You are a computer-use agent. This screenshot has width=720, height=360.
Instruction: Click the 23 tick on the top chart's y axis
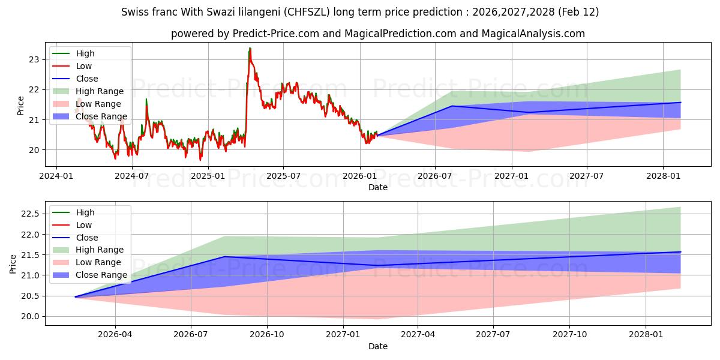click(x=34, y=59)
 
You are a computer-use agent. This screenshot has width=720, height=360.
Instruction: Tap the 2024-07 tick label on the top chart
click(x=131, y=176)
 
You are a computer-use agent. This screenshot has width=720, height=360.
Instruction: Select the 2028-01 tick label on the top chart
click(x=663, y=176)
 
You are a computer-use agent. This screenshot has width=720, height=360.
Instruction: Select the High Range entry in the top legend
click(x=100, y=91)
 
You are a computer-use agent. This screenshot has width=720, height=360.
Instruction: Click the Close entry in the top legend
click(x=87, y=79)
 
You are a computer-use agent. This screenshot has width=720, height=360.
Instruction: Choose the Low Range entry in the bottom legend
click(x=98, y=262)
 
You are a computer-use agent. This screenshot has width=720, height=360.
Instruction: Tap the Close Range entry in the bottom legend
click(x=101, y=275)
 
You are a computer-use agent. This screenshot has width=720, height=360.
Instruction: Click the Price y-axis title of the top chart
click(x=21, y=106)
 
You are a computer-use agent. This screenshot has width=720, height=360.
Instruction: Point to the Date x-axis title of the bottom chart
click(x=378, y=346)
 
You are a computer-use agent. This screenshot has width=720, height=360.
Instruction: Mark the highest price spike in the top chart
click(x=250, y=48)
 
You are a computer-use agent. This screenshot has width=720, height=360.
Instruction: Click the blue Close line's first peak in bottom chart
click(x=224, y=257)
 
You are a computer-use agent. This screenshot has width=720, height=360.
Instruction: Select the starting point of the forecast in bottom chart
click(x=76, y=297)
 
